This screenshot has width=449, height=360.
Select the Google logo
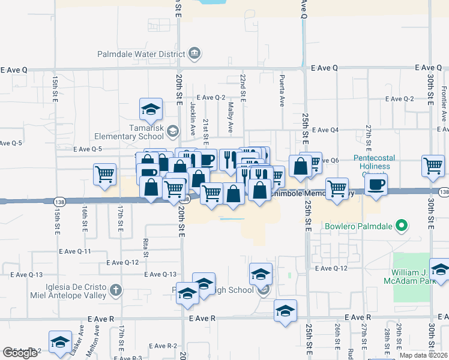coord(20,353)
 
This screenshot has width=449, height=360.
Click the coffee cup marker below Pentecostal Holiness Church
coord(376,184)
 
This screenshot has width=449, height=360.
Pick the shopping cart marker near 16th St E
coord(105,174)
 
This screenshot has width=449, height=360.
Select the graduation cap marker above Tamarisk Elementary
coord(151,109)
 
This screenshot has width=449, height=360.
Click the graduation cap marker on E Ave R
coord(285,311)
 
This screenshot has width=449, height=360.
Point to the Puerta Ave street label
coord(281,91)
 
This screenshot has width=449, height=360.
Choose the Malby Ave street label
coord(230,117)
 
